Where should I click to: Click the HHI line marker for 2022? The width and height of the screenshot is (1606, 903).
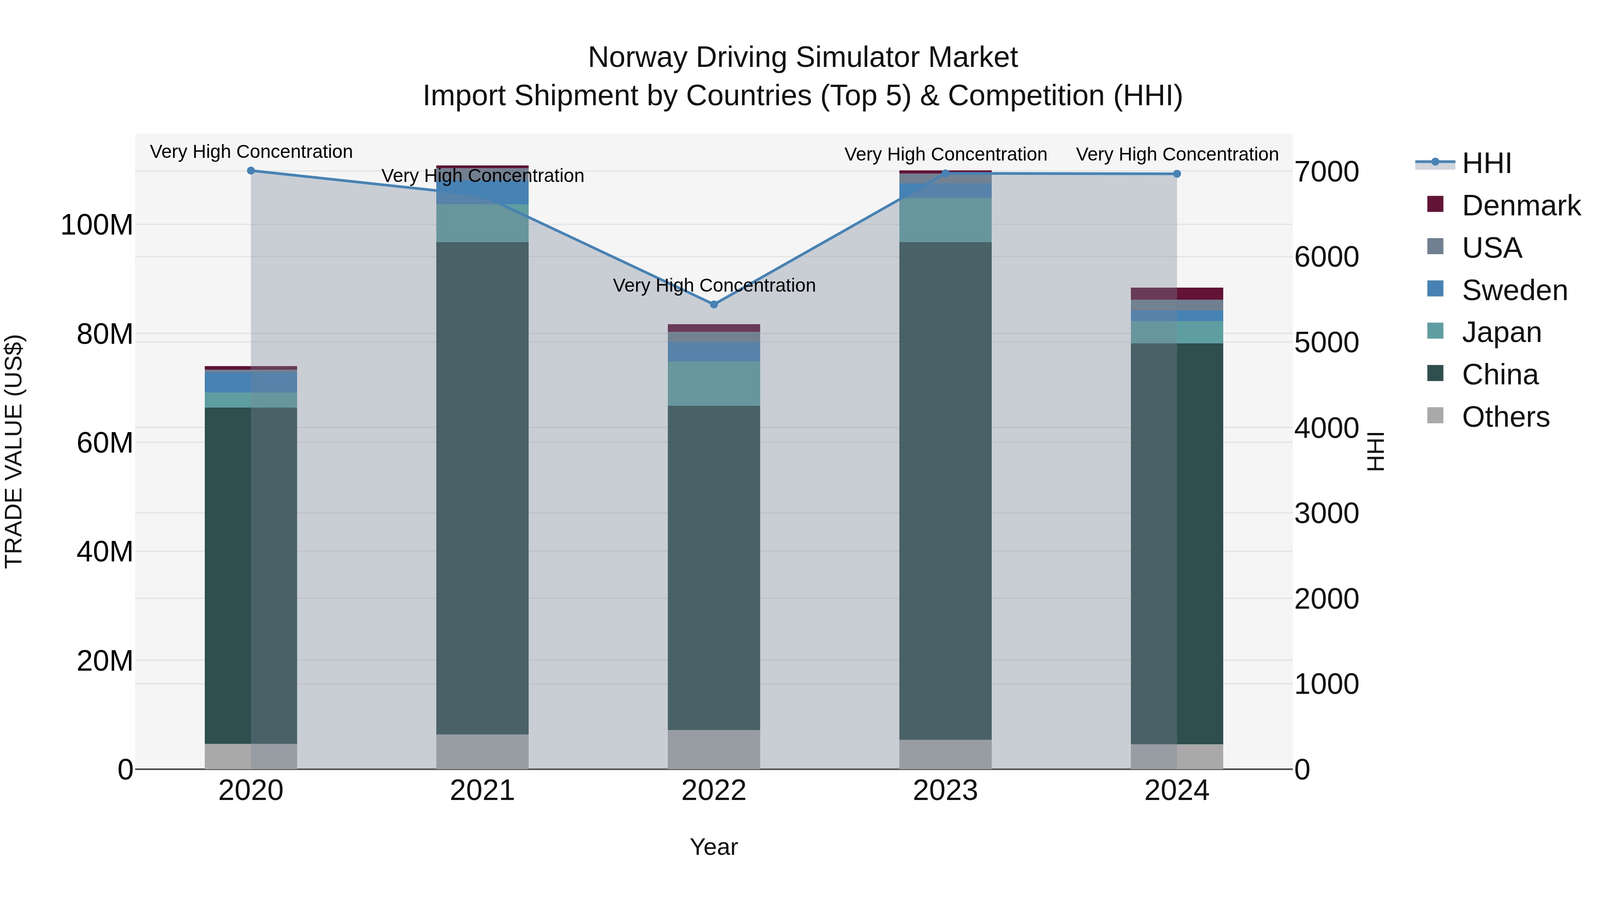tap(714, 304)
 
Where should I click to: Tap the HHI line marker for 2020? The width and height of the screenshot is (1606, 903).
tap(251, 171)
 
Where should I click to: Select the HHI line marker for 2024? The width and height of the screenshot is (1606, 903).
tap(1176, 174)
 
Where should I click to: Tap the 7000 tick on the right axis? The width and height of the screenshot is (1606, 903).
tap(1327, 172)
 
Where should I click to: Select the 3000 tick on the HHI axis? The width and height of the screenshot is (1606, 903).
tap(1327, 514)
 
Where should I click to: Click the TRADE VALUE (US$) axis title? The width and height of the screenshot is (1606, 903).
tap(14, 451)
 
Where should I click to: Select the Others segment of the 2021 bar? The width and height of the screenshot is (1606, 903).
tap(482, 751)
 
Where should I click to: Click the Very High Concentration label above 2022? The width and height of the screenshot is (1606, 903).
tap(714, 285)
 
